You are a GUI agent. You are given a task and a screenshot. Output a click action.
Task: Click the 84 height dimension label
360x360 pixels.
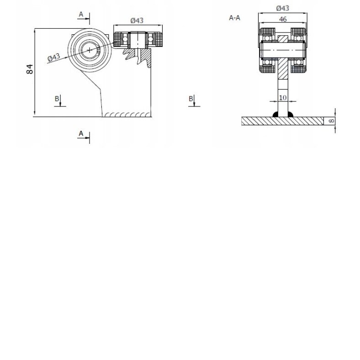(30, 69)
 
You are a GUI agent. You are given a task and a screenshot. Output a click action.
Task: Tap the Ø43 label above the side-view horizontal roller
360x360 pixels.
(137, 21)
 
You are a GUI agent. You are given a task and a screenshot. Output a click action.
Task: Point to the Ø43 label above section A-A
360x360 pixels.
(283, 8)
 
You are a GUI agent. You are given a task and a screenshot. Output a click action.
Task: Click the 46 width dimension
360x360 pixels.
(283, 19)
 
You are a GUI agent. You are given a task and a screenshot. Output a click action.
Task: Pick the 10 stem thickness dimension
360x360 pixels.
(283, 98)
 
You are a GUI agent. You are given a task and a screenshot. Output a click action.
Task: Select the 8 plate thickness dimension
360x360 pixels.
(332, 121)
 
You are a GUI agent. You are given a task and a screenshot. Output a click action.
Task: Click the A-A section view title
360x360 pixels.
(234, 18)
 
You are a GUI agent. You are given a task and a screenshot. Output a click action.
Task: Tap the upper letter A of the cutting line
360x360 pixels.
(81, 14)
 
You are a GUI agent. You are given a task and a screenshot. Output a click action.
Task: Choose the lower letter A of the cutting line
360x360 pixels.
(81, 133)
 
